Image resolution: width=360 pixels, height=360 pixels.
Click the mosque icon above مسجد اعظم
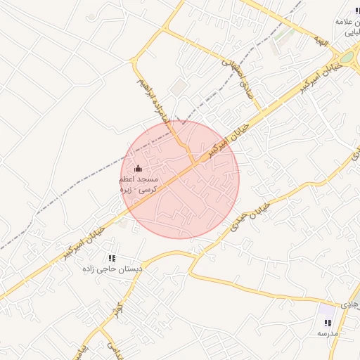click(x=138, y=168)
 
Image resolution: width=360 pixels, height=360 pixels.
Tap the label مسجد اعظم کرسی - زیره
click(x=139, y=185)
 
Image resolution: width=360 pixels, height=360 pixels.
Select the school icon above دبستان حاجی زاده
click(x=112, y=258)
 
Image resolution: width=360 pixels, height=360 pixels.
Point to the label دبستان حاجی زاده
click(x=112, y=269)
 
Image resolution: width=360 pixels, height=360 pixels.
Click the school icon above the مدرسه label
click(x=328, y=322)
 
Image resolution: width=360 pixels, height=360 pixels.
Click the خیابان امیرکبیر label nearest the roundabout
click(x=326, y=72)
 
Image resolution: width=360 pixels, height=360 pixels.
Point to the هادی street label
click(x=349, y=305)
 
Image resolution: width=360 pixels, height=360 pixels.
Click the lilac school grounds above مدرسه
click(x=326, y=309)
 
